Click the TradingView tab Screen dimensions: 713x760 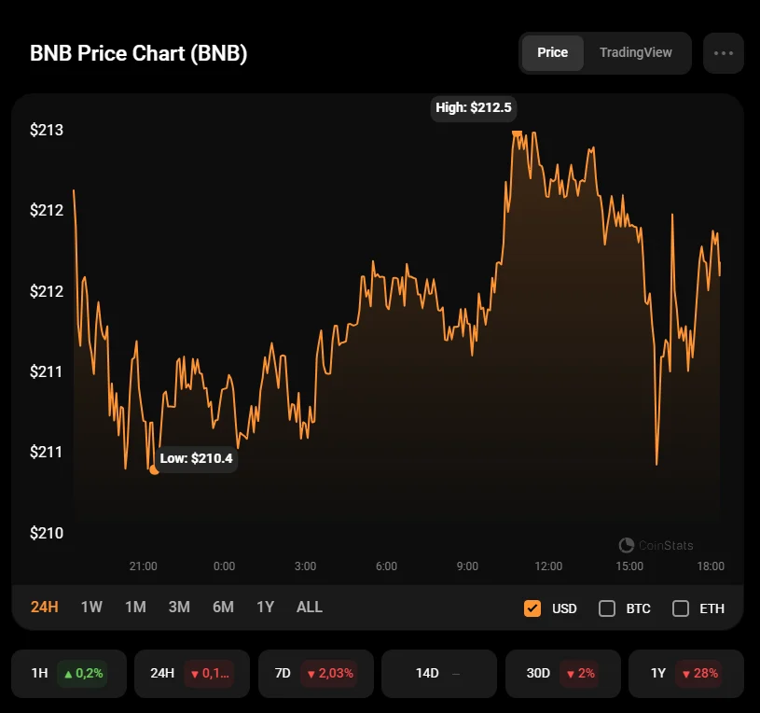pyautogui.click(x=635, y=52)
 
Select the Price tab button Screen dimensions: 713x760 pyautogui.click(x=552, y=52)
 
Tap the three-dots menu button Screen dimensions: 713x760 pyautogui.click(x=724, y=53)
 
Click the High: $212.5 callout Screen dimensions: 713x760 pyautogui.click(x=474, y=107)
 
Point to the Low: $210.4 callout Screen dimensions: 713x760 pyautogui.click(x=196, y=458)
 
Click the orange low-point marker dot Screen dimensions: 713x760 pyautogui.click(x=154, y=469)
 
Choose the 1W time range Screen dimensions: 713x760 pyautogui.click(x=91, y=608)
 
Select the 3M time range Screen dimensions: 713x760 pyautogui.click(x=179, y=608)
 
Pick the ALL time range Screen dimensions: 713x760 pyautogui.click(x=310, y=608)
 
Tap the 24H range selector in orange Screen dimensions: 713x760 pyautogui.click(x=45, y=608)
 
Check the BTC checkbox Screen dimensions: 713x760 pyautogui.click(x=607, y=608)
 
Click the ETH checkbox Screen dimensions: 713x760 pyautogui.click(x=681, y=608)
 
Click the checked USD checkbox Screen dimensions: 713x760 pyautogui.click(x=532, y=608)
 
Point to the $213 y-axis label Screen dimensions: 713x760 pyautogui.click(x=47, y=130)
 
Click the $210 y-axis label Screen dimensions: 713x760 pyautogui.click(x=47, y=533)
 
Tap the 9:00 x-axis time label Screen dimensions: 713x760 pyautogui.click(x=467, y=566)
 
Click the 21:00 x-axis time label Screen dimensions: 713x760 pyautogui.click(x=143, y=566)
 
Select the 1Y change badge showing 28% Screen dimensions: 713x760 pyautogui.click(x=699, y=673)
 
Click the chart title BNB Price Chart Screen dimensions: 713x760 pyautogui.click(x=139, y=53)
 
